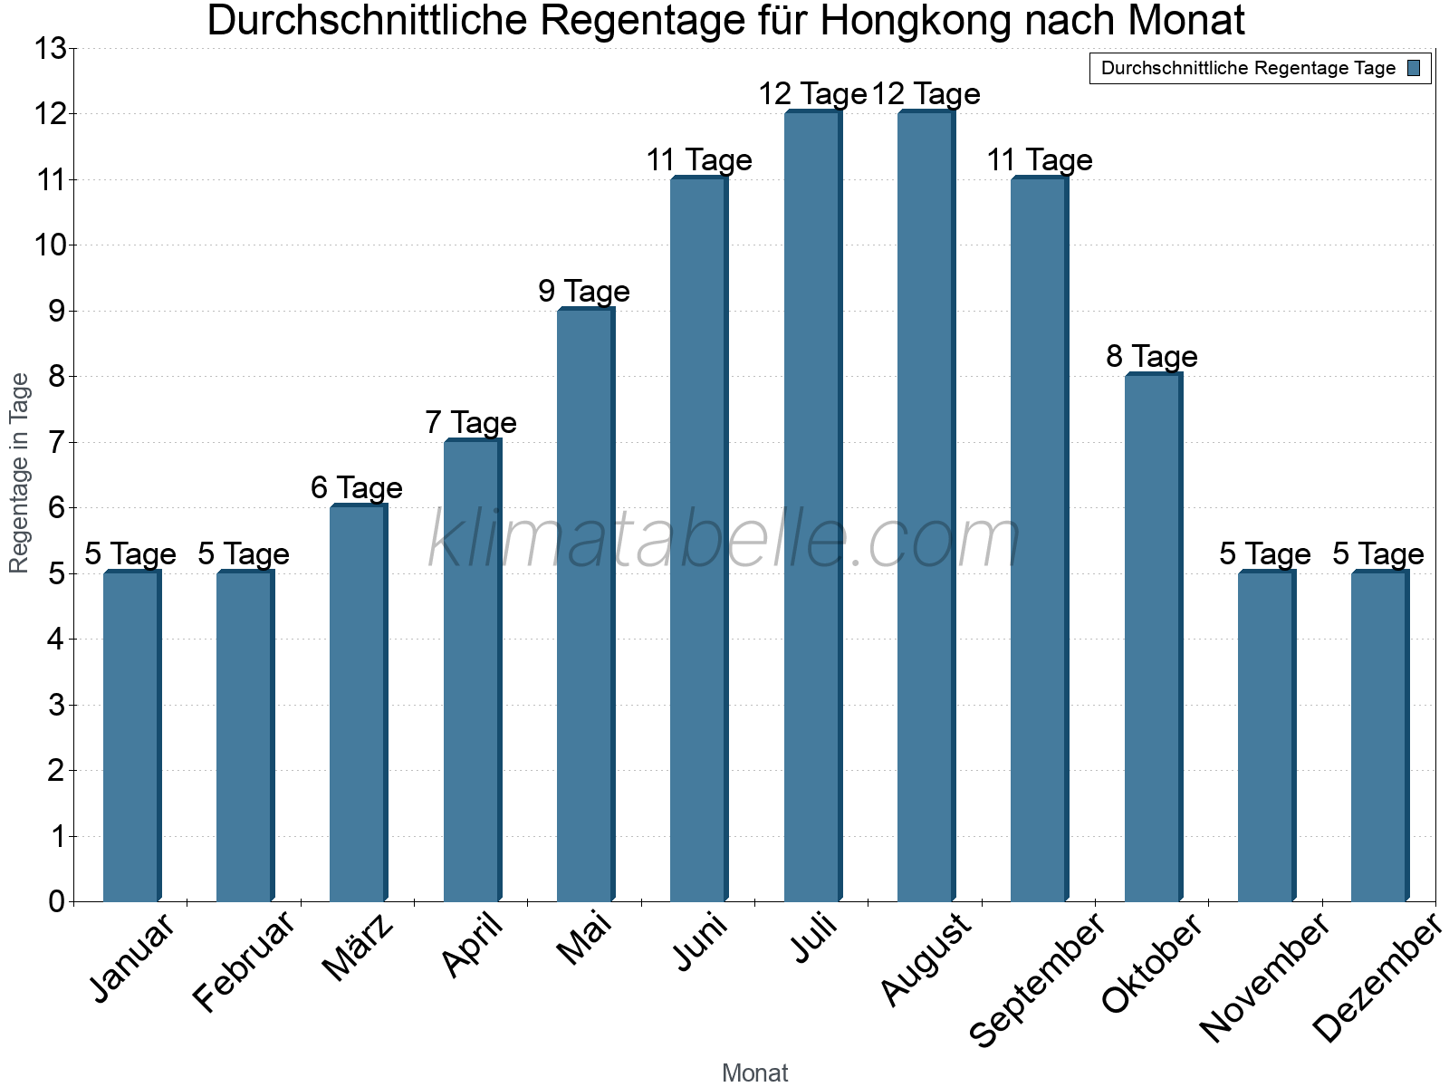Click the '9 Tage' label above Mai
point(584,292)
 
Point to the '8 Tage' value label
point(1152,357)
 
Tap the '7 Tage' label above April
point(471,423)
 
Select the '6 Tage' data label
point(357,488)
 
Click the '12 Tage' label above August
point(926,94)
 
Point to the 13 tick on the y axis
point(50,49)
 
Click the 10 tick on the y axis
point(50,245)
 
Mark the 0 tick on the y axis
point(57,901)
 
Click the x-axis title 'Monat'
point(754,1073)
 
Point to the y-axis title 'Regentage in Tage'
point(19,473)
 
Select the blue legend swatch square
point(1414,68)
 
